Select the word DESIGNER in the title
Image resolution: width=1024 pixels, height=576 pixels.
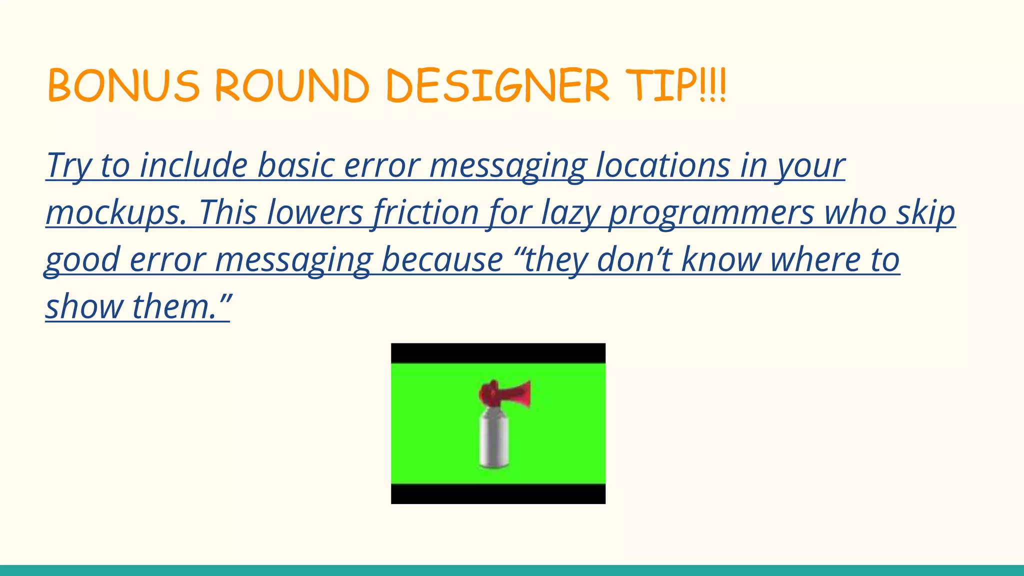point(497,86)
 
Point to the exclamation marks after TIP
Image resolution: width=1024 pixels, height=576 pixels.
point(712,86)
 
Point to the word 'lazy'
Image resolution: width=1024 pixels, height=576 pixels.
point(570,212)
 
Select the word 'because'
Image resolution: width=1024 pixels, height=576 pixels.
point(442,259)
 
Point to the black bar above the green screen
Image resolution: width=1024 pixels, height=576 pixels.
point(498,353)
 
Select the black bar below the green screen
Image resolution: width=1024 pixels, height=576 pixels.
point(498,494)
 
